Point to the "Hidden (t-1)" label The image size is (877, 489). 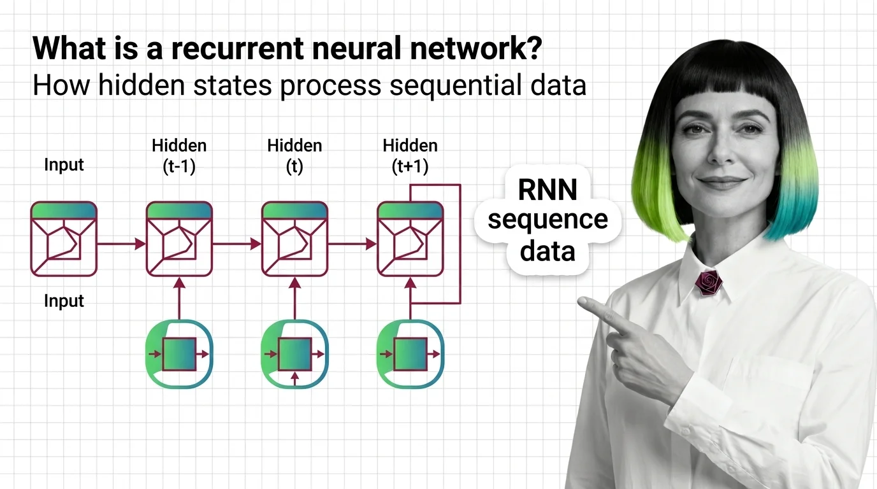[x=179, y=156]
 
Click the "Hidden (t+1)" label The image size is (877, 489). [x=410, y=156]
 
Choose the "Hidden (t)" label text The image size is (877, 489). [x=294, y=156]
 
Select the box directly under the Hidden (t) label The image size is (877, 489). [x=294, y=239]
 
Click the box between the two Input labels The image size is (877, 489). [x=64, y=239]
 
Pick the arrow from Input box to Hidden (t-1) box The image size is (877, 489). [x=121, y=243]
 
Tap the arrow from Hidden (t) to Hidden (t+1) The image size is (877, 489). [x=352, y=243]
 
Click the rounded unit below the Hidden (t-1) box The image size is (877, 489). [x=179, y=354]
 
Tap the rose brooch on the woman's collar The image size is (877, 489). [x=708, y=282]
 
